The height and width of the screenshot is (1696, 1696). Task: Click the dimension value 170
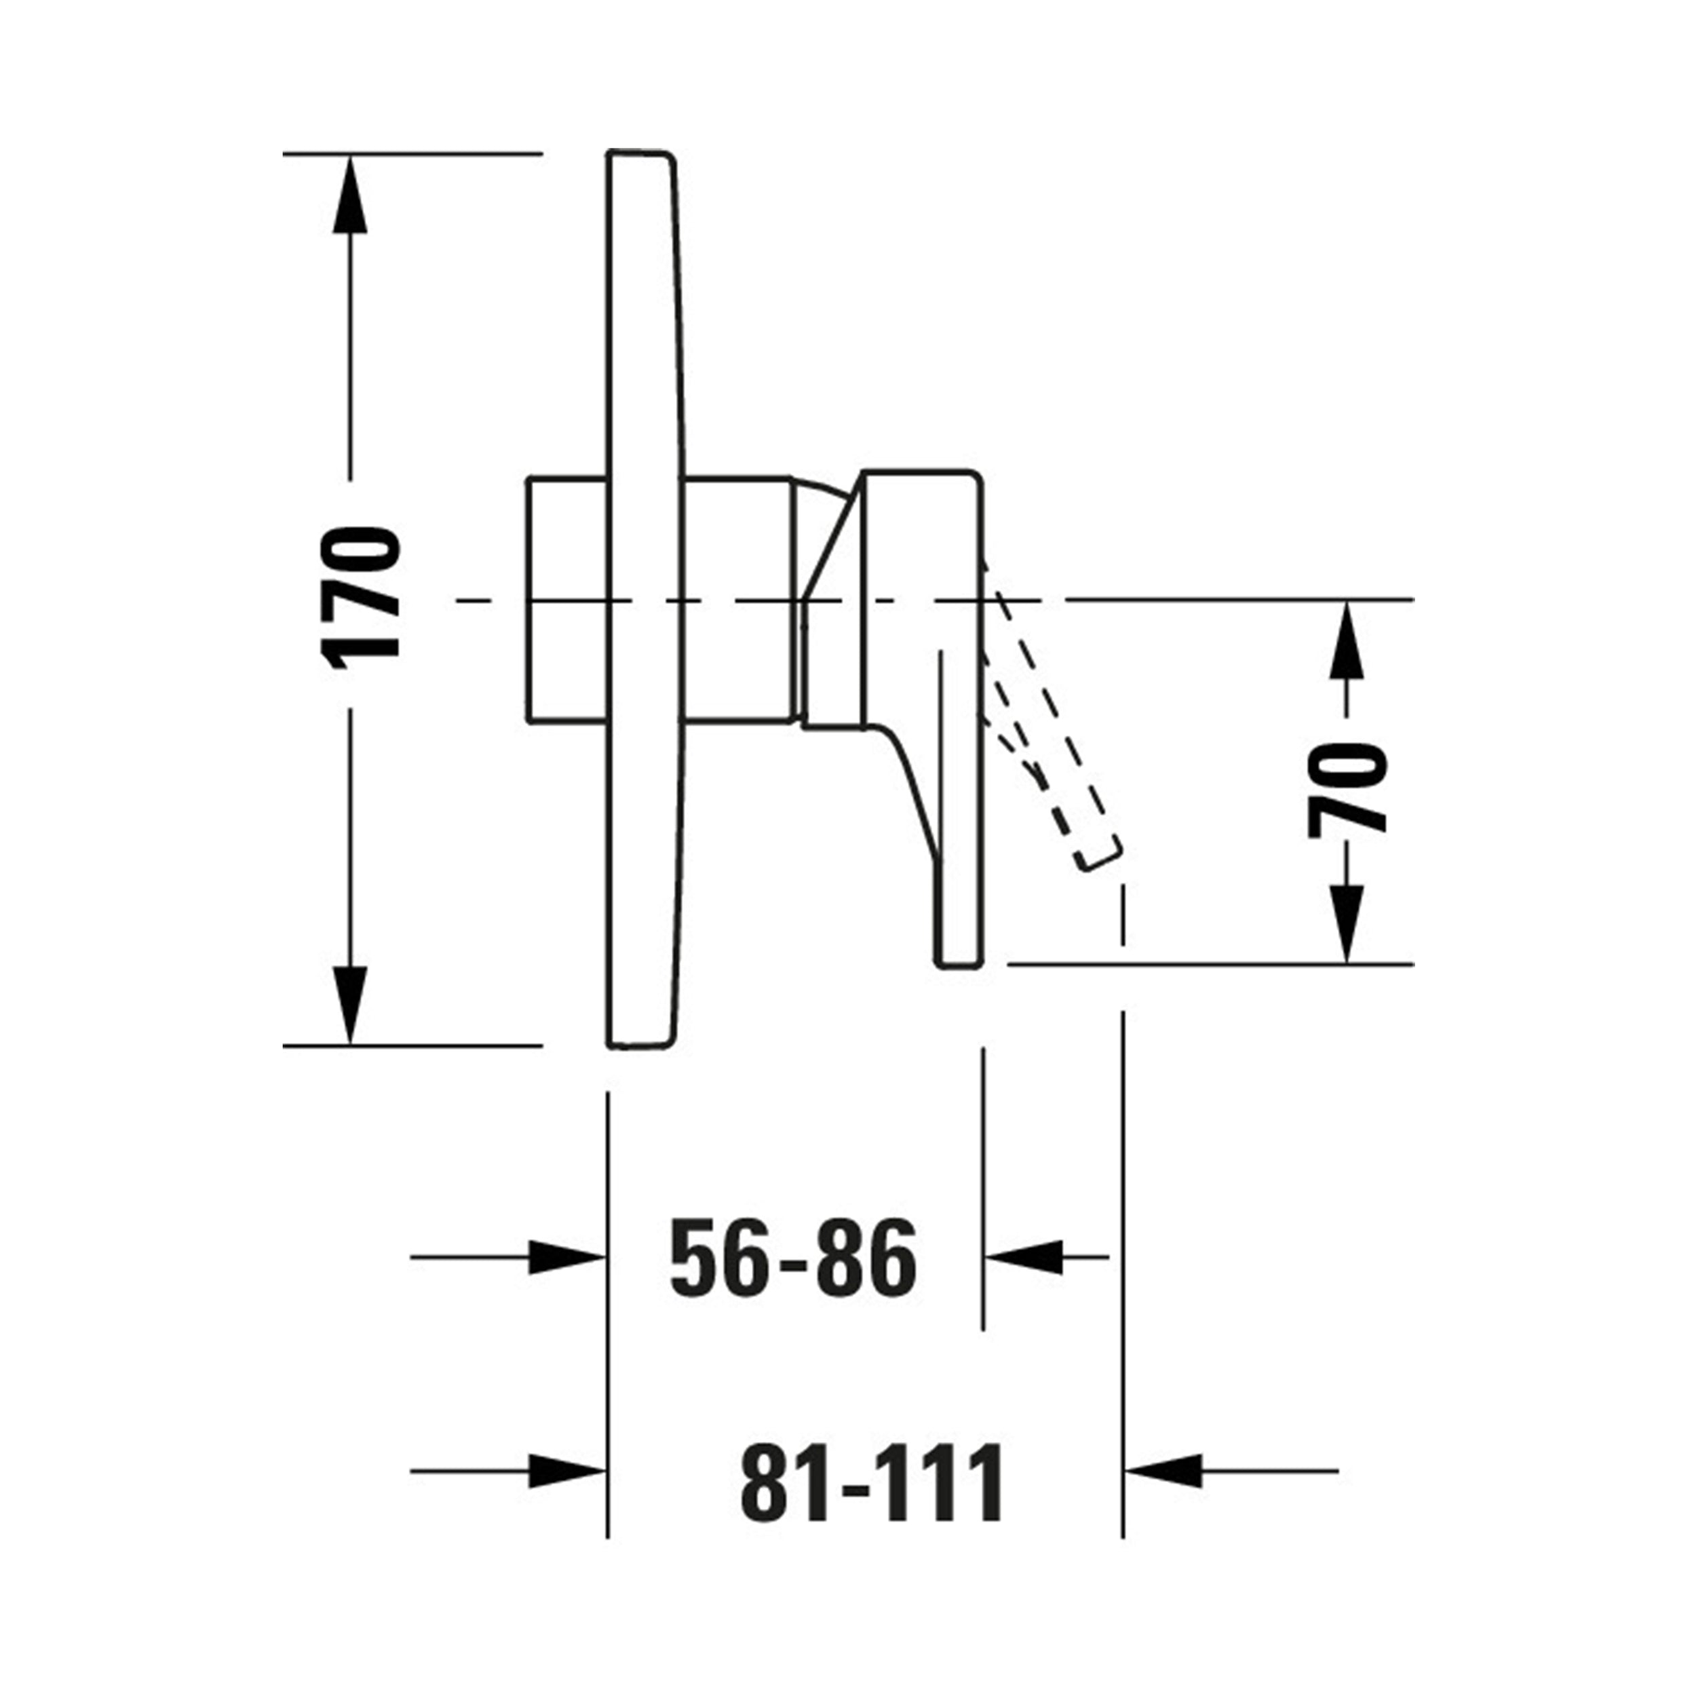361,597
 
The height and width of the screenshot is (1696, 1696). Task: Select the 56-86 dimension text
792,1257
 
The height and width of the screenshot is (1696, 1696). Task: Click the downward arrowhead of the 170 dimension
350,1003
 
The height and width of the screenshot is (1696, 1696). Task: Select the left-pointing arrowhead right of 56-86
1024,1257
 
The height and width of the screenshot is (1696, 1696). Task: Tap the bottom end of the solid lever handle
958,965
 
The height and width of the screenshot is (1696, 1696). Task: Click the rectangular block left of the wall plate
567,600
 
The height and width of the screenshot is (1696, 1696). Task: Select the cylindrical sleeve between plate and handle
737,600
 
